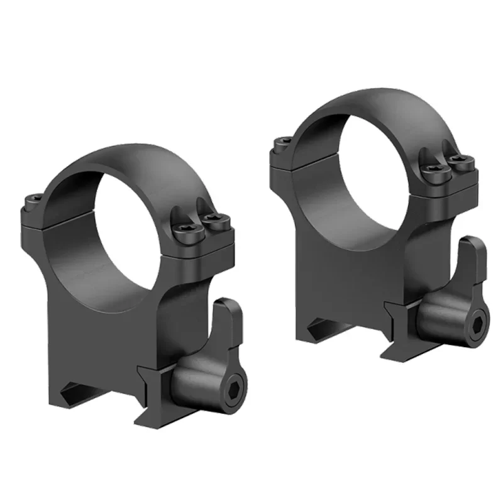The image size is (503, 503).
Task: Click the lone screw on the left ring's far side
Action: point(32,202)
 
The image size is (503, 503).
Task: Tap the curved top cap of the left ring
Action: point(126,163)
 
